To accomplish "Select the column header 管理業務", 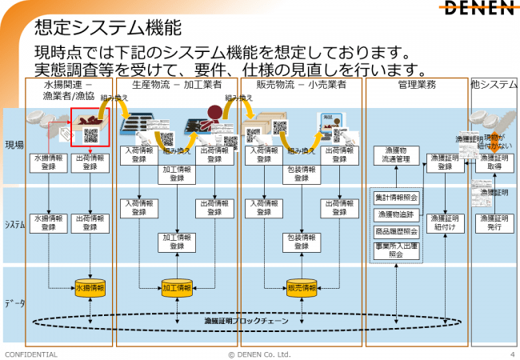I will point(416,84).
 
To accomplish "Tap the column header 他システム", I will point(494,84).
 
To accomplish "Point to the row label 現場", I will point(14,146).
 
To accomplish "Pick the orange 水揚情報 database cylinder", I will point(90,287).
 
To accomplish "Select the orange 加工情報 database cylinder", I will point(177,287).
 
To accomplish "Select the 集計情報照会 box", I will point(397,197).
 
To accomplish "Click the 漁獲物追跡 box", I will point(397,214).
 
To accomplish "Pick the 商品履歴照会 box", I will point(397,230).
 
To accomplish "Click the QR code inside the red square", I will point(90,135).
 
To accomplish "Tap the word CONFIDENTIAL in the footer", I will point(31,354).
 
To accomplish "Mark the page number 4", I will point(511,354).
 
